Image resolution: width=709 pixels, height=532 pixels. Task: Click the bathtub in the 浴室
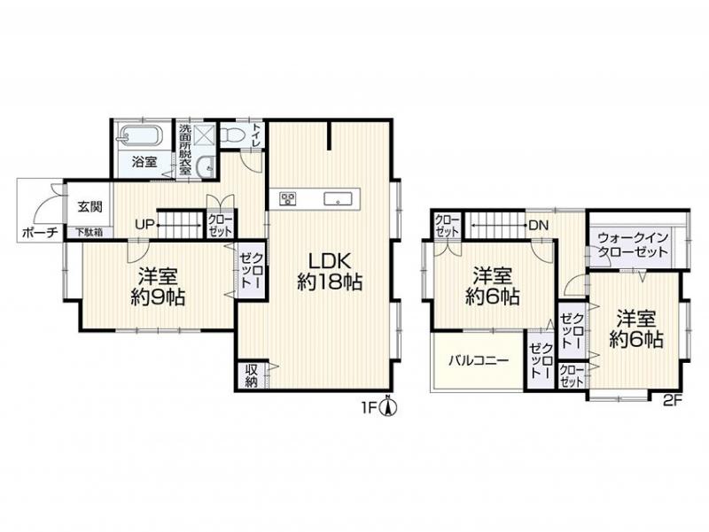[x=141, y=135]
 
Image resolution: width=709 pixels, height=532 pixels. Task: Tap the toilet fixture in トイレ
[x=233, y=134]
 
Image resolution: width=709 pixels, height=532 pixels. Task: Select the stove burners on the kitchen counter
[x=287, y=198]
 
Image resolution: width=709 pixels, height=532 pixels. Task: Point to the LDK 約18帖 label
[x=330, y=272]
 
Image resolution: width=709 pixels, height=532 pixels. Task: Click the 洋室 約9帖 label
[x=158, y=286]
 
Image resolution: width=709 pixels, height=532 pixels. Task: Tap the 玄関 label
[x=90, y=207]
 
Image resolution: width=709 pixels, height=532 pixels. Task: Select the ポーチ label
[x=40, y=233]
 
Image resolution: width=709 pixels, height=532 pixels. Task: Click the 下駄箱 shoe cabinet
[x=89, y=233]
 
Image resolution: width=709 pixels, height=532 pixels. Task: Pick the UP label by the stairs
[x=146, y=224]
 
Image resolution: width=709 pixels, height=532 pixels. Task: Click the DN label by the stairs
[x=538, y=225]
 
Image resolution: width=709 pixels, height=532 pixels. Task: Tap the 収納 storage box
[x=252, y=375]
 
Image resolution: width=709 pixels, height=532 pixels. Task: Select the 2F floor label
[x=672, y=400]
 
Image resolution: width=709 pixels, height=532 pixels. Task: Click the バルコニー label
[x=479, y=360]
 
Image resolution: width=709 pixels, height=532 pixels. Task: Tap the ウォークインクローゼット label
[x=633, y=244]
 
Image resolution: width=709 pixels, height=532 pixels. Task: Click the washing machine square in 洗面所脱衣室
[x=203, y=135]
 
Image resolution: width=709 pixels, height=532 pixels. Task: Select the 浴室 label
[x=144, y=162]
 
